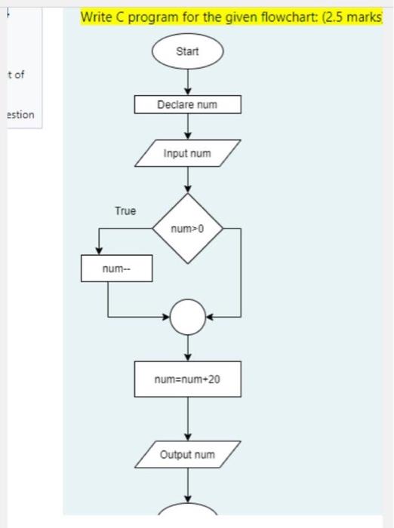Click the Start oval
point(187,52)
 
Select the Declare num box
point(188,104)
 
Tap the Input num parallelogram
point(188,154)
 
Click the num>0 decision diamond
point(188,227)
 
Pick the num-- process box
point(116,269)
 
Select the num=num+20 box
point(188,379)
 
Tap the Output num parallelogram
point(188,454)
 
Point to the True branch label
point(125,210)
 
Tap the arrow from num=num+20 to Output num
point(188,419)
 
